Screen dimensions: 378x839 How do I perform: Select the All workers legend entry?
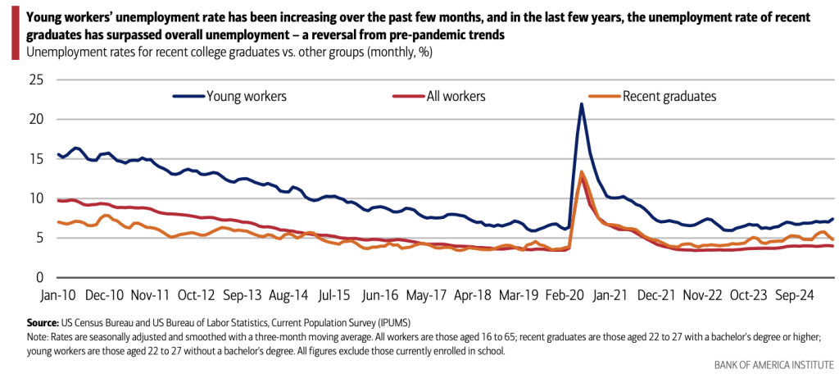point(456,96)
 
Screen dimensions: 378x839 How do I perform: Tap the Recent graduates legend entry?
point(669,96)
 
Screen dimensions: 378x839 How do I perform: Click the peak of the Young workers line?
point(581,104)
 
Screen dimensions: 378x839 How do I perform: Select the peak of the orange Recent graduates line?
point(581,172)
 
